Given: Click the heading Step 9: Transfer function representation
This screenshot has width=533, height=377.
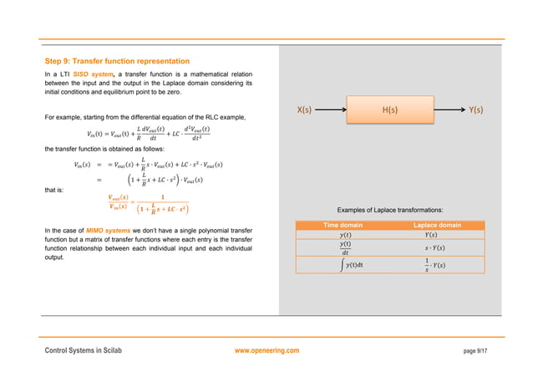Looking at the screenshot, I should click(x=116, y=61).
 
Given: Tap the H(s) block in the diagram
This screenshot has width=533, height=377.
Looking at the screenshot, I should click(x=389, y=110).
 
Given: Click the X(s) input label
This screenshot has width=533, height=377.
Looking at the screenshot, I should click(x=304, y=110).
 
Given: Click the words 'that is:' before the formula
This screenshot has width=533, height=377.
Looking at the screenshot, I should click(x=54, y=190).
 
